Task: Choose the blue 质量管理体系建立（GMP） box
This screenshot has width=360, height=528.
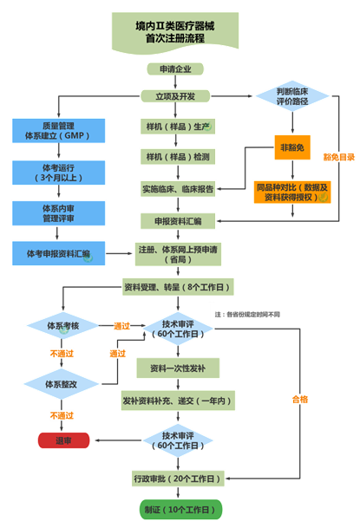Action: pos(57,131)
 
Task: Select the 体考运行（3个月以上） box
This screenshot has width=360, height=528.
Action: pos(57,171)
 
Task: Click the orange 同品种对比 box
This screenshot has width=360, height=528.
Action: pos(291,192)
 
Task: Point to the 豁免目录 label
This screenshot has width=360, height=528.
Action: pos(338,158)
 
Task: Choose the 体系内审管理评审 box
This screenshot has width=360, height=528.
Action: pos(57,212)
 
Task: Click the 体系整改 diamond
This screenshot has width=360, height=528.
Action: pos(57,382)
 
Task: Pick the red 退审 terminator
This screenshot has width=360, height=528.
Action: pos(63,440)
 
